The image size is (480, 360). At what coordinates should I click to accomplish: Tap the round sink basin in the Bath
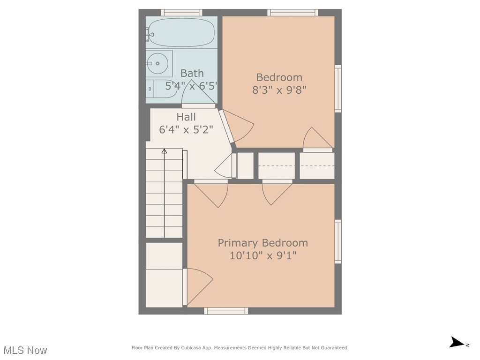(158, 63)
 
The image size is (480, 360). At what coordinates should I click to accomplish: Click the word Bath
(192, 73)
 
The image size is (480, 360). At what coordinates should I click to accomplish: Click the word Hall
(186, 117)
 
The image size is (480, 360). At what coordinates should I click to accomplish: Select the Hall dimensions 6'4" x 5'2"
(186, 129)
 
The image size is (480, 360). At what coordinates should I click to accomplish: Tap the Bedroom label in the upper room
(279, 77)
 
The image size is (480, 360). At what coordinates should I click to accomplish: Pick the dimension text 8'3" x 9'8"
(279, 90)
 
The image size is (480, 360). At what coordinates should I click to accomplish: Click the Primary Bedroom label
(263, 243)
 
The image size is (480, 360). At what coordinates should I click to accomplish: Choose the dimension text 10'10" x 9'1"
(263, 255)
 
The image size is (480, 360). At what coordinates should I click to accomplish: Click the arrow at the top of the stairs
(164, 151)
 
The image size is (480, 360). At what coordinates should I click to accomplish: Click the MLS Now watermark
(25, 350)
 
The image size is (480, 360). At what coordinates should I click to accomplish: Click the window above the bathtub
(181, 13)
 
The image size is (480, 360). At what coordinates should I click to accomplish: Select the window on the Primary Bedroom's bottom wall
(226, 310)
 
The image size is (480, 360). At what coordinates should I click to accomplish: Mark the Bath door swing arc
(195, 94)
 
